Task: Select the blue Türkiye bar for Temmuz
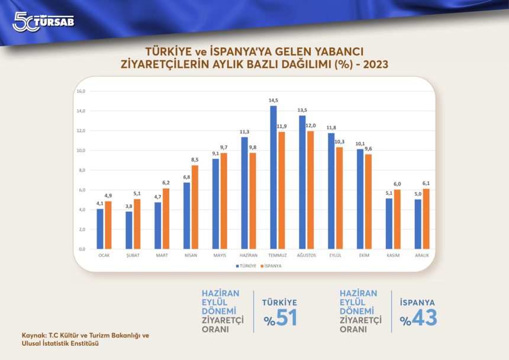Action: [273, 177]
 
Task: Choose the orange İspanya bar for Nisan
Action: [195, 207]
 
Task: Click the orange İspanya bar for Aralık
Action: [426, 218]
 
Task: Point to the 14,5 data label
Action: [273, 100]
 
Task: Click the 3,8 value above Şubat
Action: [128, 206]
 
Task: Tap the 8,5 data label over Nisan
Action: [195, 160]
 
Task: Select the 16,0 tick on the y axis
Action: [81, 91]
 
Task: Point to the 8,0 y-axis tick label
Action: [81, 170]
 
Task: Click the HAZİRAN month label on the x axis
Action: [248, 255]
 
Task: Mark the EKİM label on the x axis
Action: [364, 255]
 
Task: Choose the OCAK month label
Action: [104, 255]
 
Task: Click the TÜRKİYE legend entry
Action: [245, 266]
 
